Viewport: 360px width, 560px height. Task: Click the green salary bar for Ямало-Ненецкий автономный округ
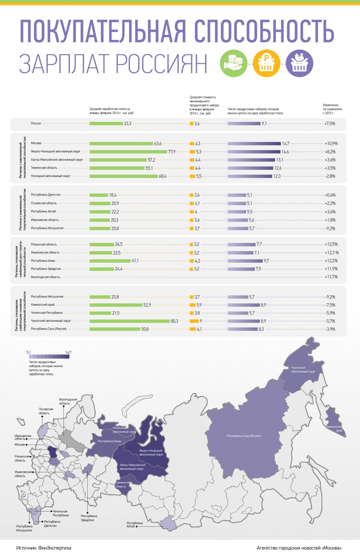tap(128, 152)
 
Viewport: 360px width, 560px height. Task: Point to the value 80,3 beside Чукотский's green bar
tap(174, 321)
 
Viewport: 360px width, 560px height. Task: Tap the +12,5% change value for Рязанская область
tap(331, 244)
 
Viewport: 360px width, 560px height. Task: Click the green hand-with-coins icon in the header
tap(233, 63)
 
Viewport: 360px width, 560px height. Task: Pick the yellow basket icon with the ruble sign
tap(266, 63)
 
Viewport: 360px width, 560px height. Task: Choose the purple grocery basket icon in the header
tap(299, 63)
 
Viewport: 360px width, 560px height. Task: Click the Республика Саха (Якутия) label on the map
tap(244, 436)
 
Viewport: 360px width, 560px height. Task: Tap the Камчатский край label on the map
tap(334, 428)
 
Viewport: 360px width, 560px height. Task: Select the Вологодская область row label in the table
tap(46, 277)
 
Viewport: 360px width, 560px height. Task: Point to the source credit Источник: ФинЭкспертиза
tap(44, 548)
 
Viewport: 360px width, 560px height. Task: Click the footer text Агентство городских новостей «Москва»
tap(299, 548)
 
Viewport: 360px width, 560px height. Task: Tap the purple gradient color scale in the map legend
tap(49, 357)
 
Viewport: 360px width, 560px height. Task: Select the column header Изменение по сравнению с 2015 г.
tap(332, 109)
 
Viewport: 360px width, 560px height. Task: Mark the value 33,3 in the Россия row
tap(127, 124)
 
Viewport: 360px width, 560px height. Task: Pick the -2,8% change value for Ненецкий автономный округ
tap(330, 176)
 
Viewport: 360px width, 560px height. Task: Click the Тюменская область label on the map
tap(123, 484)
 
